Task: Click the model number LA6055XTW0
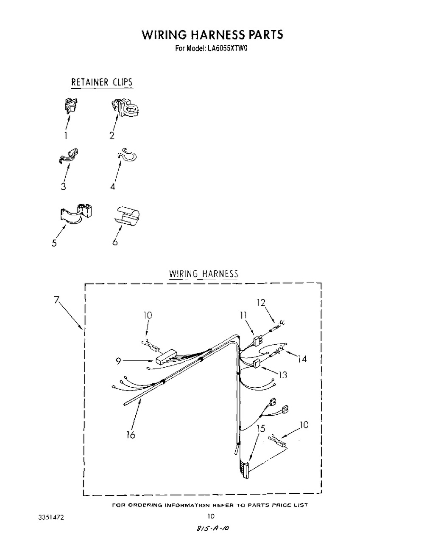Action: [227, 48]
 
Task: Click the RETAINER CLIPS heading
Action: [102, 82]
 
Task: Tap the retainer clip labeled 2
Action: [125, 108]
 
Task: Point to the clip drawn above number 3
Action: [68, 156]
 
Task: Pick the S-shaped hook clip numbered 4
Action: [127, 155]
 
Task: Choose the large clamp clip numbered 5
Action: [76, 214]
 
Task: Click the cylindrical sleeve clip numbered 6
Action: [127, 215]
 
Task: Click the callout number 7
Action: [57, 300]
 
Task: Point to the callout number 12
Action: [261, 303]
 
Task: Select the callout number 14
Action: [302, 359]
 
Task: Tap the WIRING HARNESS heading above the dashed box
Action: [204, 273]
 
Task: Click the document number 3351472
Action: [51, 517]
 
